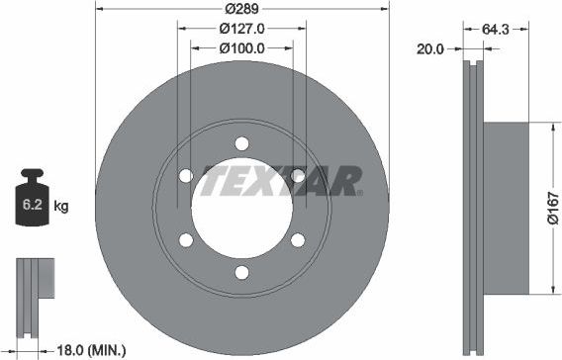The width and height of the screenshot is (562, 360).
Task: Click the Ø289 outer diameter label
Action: click(x=241, y=8)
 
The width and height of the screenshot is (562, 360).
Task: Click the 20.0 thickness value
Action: click(x=429, y=46)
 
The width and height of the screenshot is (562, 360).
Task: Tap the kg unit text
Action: click(x=60, y=207)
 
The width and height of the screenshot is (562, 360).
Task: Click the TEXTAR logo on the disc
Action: click(x=282, y=181)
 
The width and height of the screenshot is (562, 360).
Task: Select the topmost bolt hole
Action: click(x=241, y=143)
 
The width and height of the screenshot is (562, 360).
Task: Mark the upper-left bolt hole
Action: click(x=186, y=176)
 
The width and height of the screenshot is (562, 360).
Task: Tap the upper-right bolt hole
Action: click(x=297, y=176)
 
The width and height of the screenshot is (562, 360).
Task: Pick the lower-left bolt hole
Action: click(x=186, y=239)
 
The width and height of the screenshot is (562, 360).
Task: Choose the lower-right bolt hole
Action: click(x=297, y=239)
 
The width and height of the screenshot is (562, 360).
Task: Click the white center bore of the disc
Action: click(x=241, y=210)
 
